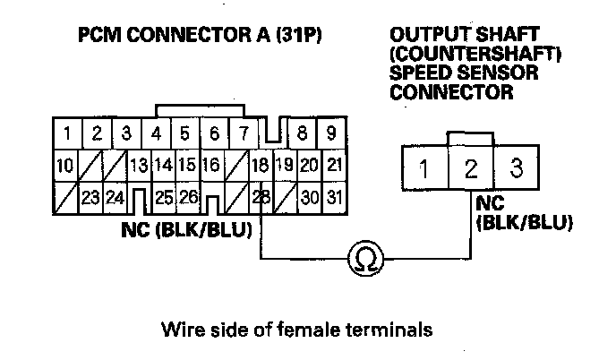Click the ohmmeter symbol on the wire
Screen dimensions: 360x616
[x=365, y=259]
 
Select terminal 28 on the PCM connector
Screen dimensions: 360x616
[x=262, y=196]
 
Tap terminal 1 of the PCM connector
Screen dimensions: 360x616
[x=67, y=135]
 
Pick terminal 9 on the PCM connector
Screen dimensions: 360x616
[x=331, y=135]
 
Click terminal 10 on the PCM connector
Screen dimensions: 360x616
[x=64, y=166]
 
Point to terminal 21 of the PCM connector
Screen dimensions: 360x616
[x=333, y=166]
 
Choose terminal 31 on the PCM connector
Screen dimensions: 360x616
[x=333, y=196]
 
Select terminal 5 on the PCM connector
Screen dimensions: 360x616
[x=185, y=135]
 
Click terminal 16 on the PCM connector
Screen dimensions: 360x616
[x=211, y=166]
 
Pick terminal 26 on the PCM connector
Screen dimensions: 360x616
[x=188, y=196]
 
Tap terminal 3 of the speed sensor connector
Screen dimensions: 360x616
[x=515, y=167]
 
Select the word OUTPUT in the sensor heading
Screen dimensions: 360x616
[x=422, y=37]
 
